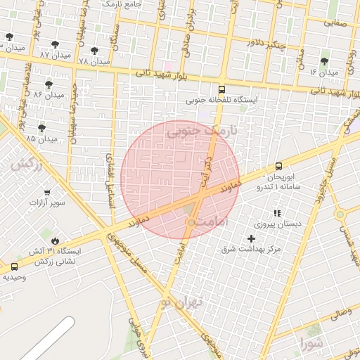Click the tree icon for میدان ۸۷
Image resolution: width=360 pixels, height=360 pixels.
(x=55, y=45)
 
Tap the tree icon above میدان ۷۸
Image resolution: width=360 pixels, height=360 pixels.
(x=94, y=51)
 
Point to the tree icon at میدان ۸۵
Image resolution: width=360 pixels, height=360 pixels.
(x=41, y=128)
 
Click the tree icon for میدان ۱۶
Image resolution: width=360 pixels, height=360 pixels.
(x=324, y=62)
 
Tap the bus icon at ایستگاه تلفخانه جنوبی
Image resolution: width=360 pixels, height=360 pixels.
(x=222, y=90)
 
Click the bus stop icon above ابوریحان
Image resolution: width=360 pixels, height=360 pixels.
(x=279, y=167)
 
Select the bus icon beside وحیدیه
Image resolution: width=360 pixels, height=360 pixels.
(x=15, y=266)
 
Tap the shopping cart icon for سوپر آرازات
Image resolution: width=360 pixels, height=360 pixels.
(x=47, y=192)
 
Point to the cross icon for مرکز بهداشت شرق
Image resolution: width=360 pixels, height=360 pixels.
(x=251, y=239)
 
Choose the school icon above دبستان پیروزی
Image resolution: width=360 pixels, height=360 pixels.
(x=276, y=213)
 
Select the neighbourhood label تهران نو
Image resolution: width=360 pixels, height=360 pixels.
(x=181, y=302)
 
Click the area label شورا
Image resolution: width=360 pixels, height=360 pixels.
(x=311, y=344)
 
